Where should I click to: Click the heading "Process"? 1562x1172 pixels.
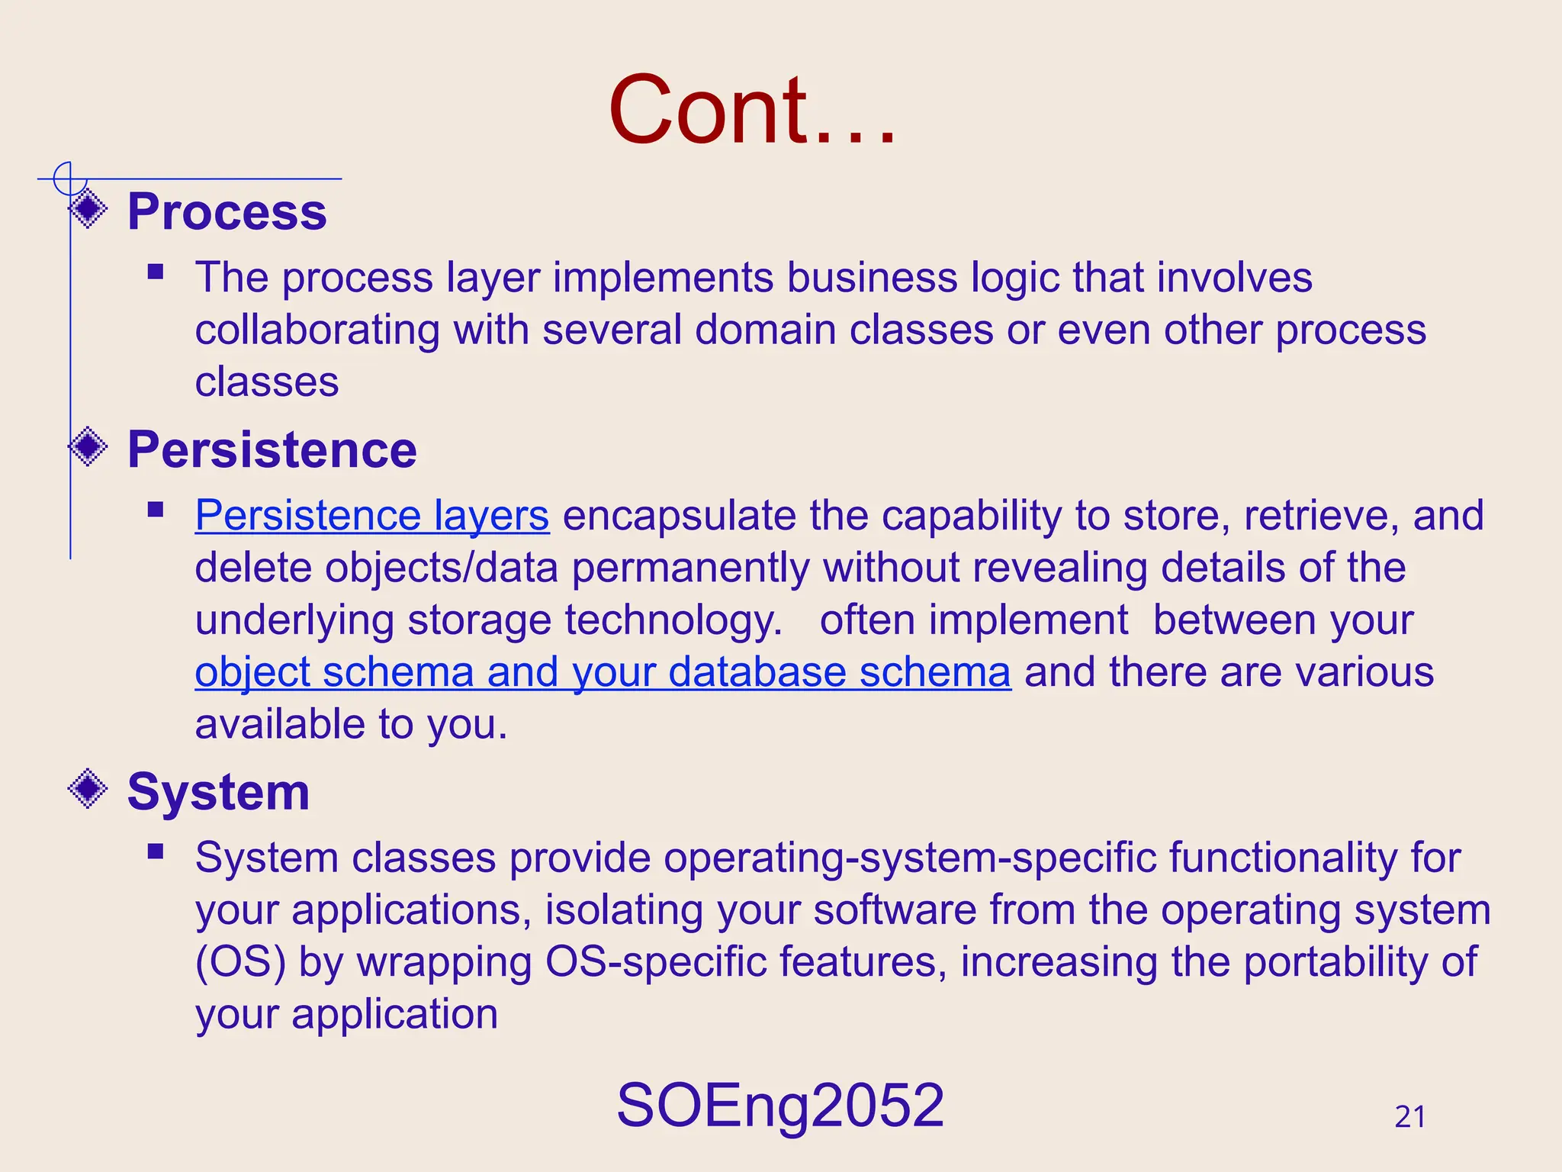click(227, 211)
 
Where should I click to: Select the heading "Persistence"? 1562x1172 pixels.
click(272, 449)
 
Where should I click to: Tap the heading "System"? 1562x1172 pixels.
click(218, 792)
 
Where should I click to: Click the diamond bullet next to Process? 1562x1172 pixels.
click(88, 208)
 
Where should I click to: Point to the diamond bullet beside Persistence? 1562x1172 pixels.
click(88, 446)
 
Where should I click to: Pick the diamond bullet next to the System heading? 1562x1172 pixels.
click(88, 788)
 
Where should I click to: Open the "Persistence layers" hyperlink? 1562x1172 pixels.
click(372, 516)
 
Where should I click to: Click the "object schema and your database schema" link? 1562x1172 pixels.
click(603, 672)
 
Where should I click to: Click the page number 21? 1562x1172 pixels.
click(1409, 1117)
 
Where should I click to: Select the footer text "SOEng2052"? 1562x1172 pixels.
click(780, 1106)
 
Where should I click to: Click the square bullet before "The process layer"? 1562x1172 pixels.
click(156, 272)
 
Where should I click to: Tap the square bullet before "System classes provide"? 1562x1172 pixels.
click(156, 852)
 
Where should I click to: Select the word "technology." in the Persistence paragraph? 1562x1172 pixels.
click(673, 620)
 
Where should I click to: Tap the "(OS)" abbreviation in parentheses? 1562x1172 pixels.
click(240, 962)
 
